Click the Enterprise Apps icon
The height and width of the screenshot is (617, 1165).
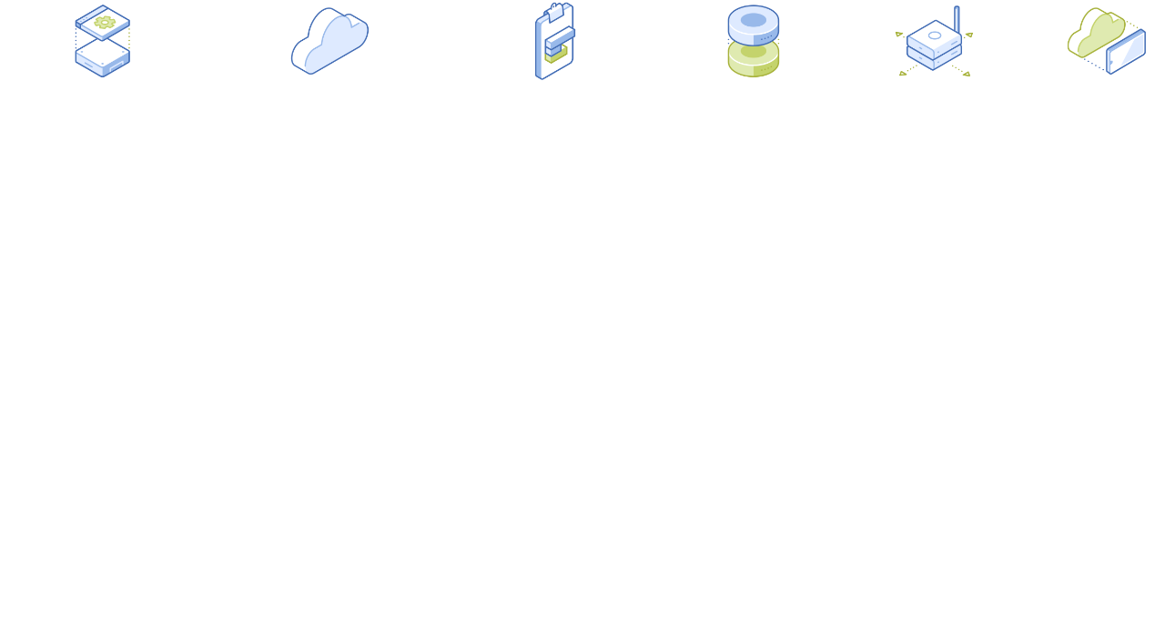pyautogui.click(x=102, y=41)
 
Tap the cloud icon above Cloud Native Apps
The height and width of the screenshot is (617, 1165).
pyautogui.click(x=329, y=41)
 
